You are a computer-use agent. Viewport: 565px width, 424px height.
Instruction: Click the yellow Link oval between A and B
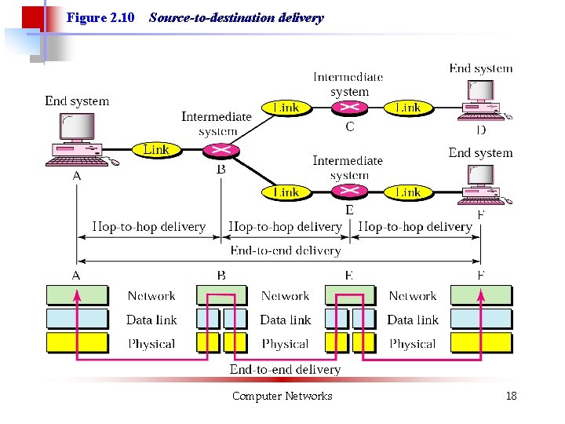pyautogui.click(x=155, y=149)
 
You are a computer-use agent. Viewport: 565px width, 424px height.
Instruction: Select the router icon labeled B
pyautogui.click(x=221, y=150)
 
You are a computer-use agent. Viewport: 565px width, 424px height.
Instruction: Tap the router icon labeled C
pyautogui.click(x=349, y=108)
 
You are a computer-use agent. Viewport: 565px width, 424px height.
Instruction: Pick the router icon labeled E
pyautogui.click(x=349, y=192)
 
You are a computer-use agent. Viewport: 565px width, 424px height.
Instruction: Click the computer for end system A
pyautogui.click(x=78, y=139)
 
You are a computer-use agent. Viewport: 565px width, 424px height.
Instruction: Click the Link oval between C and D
pyautogui.click(x=407, y=108)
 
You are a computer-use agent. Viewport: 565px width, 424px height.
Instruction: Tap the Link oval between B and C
pyautogui.click(x=286, y=108)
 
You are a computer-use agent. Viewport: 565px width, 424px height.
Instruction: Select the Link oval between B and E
pyautogui.click(x=286, y=192)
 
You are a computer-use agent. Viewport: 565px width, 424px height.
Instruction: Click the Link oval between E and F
pyautogui.click(x=407, y=192)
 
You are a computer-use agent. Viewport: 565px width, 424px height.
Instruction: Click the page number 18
pyautogui.click(x=511, y=396)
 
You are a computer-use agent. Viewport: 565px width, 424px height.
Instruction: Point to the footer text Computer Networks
pyautogui.click(x=282, y=396)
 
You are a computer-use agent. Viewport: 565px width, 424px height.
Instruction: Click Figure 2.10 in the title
pyautogui.click(x=100, y=17)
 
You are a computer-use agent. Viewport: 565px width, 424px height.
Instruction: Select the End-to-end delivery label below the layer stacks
pyautogui.click(x=285, y=369)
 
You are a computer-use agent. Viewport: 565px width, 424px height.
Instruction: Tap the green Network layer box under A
pyautogui.click(x=76, y=295)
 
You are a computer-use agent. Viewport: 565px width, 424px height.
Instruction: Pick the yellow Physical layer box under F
pyautogui.click(x=480, y=343)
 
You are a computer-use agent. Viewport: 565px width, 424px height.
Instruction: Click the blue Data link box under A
pyautogui.click(x=76, y=319)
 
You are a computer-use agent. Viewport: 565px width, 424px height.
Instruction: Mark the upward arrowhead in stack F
pyautogui.click(x=480, y=294)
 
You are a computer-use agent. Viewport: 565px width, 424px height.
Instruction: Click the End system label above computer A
pyautogui.click(x=77, y=101)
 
